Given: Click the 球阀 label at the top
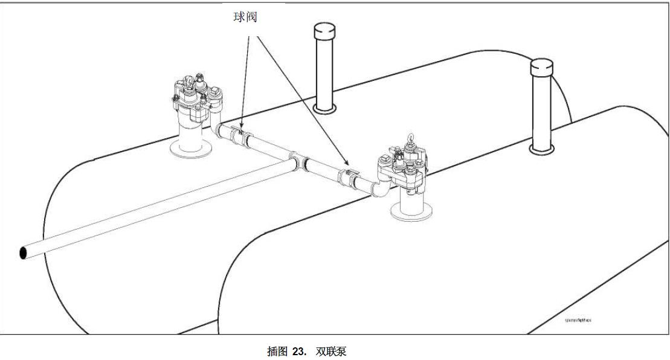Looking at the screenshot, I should click(x=245, y=17).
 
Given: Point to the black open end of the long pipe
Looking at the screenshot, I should click(x=24, y=252).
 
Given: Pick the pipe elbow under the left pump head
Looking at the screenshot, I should click(x=218, y=129).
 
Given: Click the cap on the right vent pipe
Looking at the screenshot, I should click(x=542, y=66).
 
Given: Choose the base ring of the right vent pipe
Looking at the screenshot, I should click(x=541, y=147).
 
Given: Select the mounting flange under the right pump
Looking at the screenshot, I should click(x=412, y=212).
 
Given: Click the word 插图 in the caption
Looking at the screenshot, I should click(x=277, y=351).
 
